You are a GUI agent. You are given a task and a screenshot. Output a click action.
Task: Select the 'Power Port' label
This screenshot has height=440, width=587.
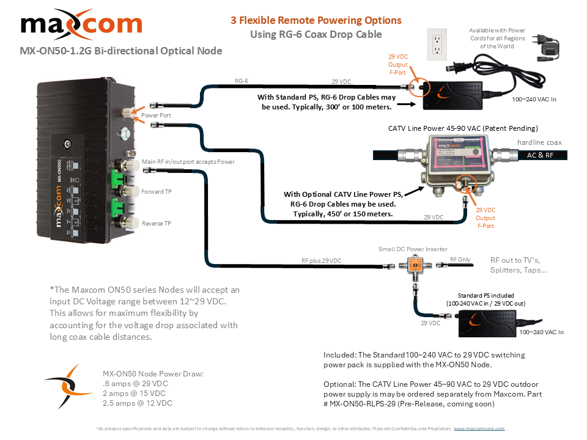tap(156, 115)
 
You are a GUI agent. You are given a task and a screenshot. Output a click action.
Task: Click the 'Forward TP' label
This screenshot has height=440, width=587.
tap(157, 191)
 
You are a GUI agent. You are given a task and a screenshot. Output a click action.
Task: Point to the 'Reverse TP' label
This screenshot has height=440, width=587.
tap(157, 224)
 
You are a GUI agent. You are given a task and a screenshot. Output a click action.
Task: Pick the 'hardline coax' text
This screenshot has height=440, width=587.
tap(540, 142)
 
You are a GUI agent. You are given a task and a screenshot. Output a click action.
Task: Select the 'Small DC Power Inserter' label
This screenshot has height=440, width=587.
tap(413, 249)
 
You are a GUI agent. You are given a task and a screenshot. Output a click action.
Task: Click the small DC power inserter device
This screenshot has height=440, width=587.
tap(415, 266)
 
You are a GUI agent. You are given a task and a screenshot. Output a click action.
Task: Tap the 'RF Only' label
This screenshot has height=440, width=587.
tap(460, 260)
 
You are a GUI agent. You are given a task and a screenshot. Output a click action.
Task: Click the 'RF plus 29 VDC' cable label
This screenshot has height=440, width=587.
tap(321, 261)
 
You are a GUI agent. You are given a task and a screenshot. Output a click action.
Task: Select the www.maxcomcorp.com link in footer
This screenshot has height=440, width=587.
tap(479, 429)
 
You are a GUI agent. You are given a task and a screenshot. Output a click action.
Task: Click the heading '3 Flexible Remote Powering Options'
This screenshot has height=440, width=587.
tap(316, 20)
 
